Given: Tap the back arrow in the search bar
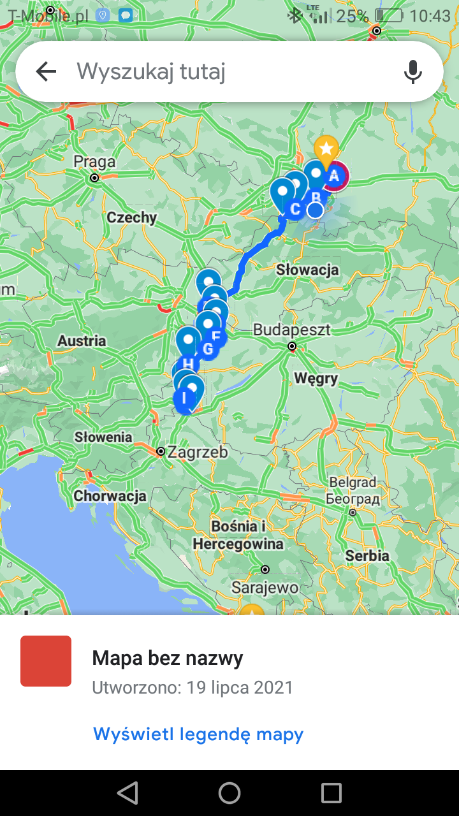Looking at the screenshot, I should point(46,72).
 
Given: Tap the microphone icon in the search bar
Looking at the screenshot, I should point(413,72).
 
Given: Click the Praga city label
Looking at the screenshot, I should point(94,161).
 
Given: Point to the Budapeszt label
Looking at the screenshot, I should point(292,330).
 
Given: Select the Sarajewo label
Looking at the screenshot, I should point(265,587).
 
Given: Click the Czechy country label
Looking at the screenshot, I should point(132,217).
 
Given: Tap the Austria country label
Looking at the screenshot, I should point(82,341).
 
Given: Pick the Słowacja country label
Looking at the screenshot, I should point(307,270).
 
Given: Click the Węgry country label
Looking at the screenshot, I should point(316,379).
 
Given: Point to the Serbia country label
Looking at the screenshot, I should point(367,556).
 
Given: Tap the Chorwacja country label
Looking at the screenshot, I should point(110,496).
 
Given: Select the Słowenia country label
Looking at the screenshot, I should point(103,437).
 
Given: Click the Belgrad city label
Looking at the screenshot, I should point(353,483).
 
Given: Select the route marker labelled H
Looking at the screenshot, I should point(188,364).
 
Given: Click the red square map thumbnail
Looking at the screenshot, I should point(46,661).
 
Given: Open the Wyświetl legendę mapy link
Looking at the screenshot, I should point(198,734).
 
